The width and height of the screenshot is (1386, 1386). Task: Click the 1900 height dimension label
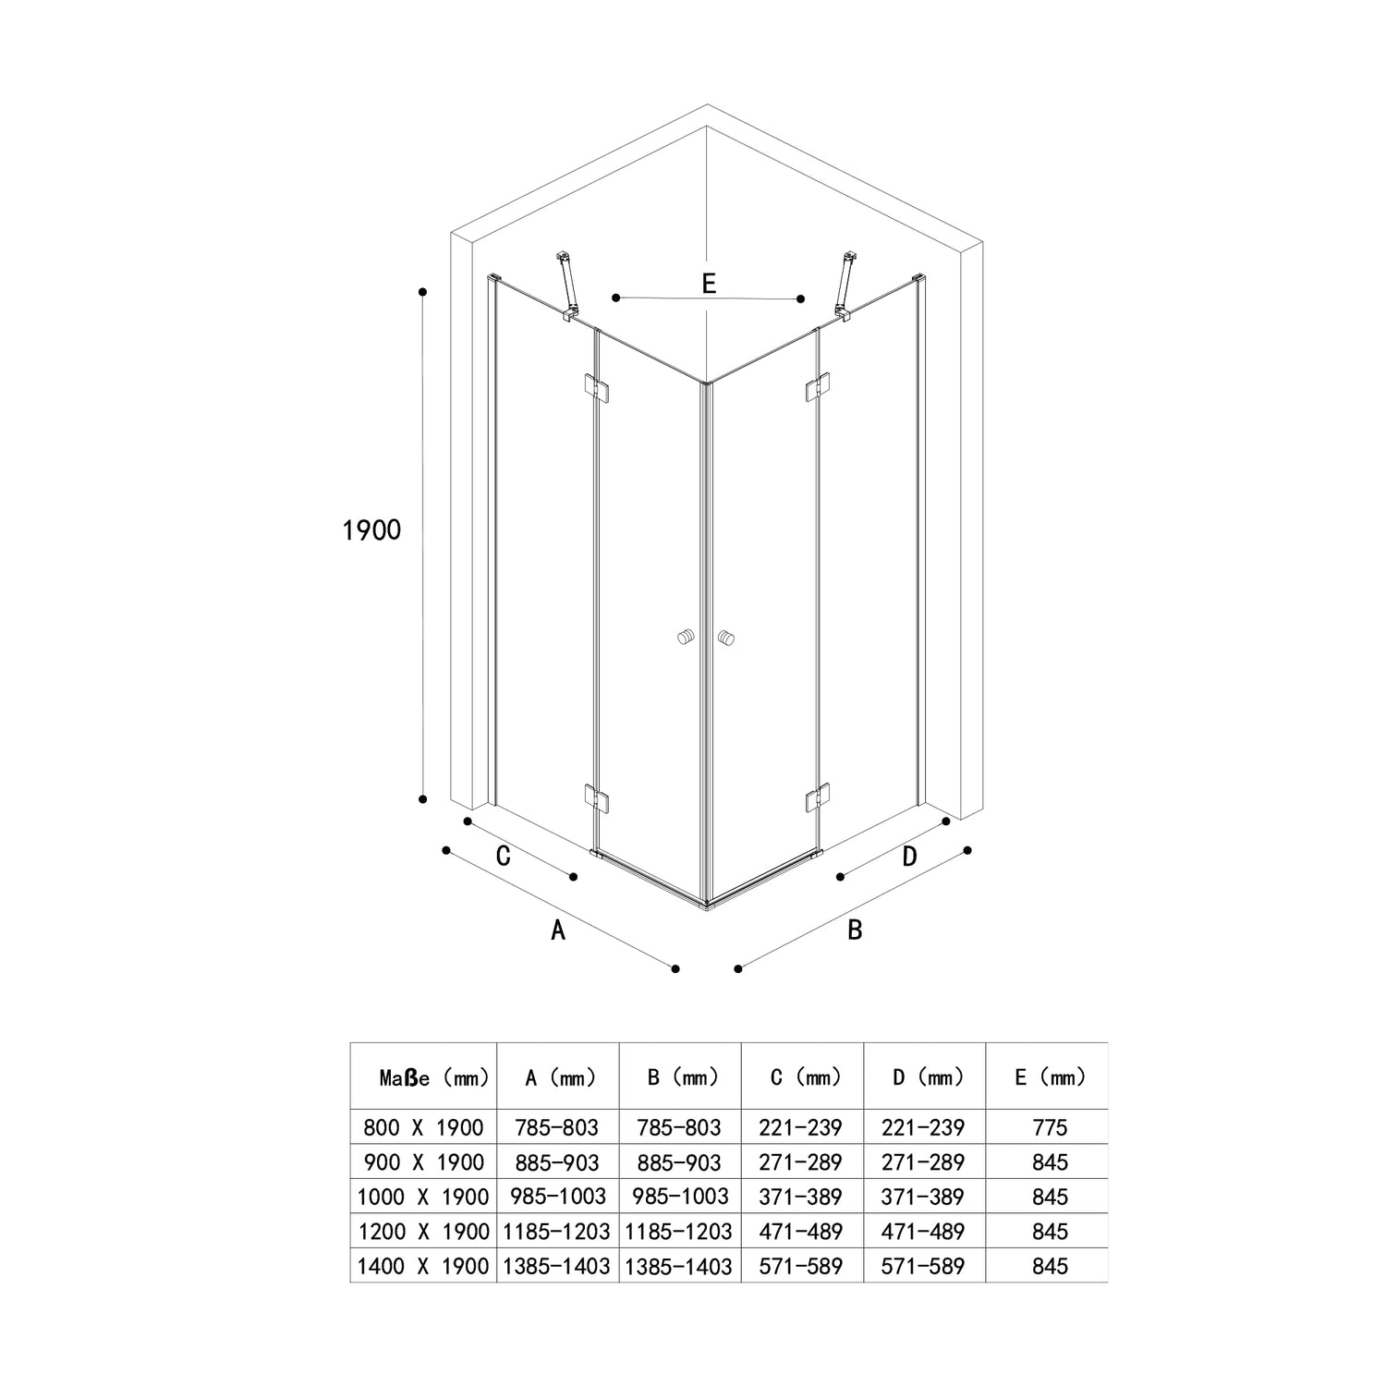371,530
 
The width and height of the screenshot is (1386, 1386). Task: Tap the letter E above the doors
709,284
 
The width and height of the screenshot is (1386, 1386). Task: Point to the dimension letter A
557,930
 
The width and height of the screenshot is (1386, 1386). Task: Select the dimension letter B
855,930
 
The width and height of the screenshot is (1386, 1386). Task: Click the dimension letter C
504,857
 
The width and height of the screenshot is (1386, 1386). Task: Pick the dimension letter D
910,857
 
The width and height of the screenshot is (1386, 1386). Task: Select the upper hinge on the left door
596,387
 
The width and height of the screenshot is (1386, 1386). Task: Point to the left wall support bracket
565,287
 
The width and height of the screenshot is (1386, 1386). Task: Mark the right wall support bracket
845,287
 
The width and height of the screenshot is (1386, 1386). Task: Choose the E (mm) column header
1051,1077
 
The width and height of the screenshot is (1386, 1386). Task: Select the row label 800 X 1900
424,1127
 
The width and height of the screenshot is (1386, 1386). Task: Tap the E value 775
1051,1127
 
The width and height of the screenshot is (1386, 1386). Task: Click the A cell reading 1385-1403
556,1266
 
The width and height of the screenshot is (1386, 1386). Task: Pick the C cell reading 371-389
800,1197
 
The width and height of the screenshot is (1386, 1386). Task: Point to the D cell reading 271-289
923,1162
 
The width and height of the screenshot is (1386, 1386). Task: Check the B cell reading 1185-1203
678,1232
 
